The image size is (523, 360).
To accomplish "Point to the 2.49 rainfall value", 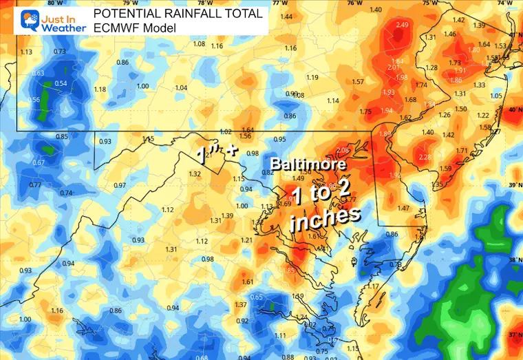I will click(403, 25).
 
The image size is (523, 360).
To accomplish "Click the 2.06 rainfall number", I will click(344, 149).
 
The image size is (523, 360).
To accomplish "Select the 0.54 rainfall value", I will click(61, 84).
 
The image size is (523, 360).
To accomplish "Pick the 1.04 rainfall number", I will click(182, 87).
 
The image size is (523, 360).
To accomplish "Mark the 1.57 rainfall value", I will click(358, 82).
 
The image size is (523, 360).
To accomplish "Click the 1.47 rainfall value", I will click(403, 207).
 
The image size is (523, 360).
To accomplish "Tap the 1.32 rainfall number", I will click(194, 174).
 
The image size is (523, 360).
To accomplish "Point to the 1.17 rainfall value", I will click(373, 286).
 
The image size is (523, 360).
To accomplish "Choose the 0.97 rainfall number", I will click(120, 185).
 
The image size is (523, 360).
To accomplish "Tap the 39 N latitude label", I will click(514, 185).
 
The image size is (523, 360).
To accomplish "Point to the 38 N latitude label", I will click(514, 260).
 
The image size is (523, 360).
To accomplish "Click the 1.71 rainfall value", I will click(462, 150).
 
